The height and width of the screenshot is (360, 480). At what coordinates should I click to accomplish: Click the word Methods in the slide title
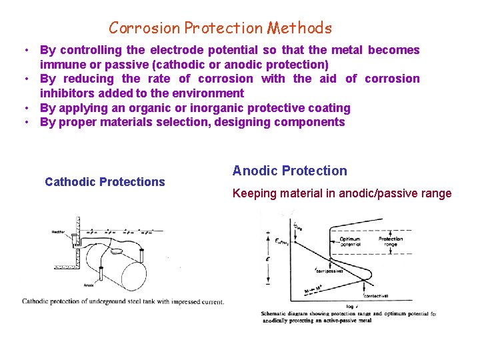299,28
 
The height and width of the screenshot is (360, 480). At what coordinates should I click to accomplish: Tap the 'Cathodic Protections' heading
105,182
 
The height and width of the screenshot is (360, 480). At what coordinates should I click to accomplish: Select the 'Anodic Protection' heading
289,171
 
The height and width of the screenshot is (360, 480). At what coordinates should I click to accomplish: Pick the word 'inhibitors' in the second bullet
67,93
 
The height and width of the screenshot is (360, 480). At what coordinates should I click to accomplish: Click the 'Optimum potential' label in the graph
350,242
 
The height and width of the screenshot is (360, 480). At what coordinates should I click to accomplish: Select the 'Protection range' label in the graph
391,242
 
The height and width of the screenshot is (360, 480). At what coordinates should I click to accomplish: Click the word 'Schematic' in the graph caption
277,313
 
